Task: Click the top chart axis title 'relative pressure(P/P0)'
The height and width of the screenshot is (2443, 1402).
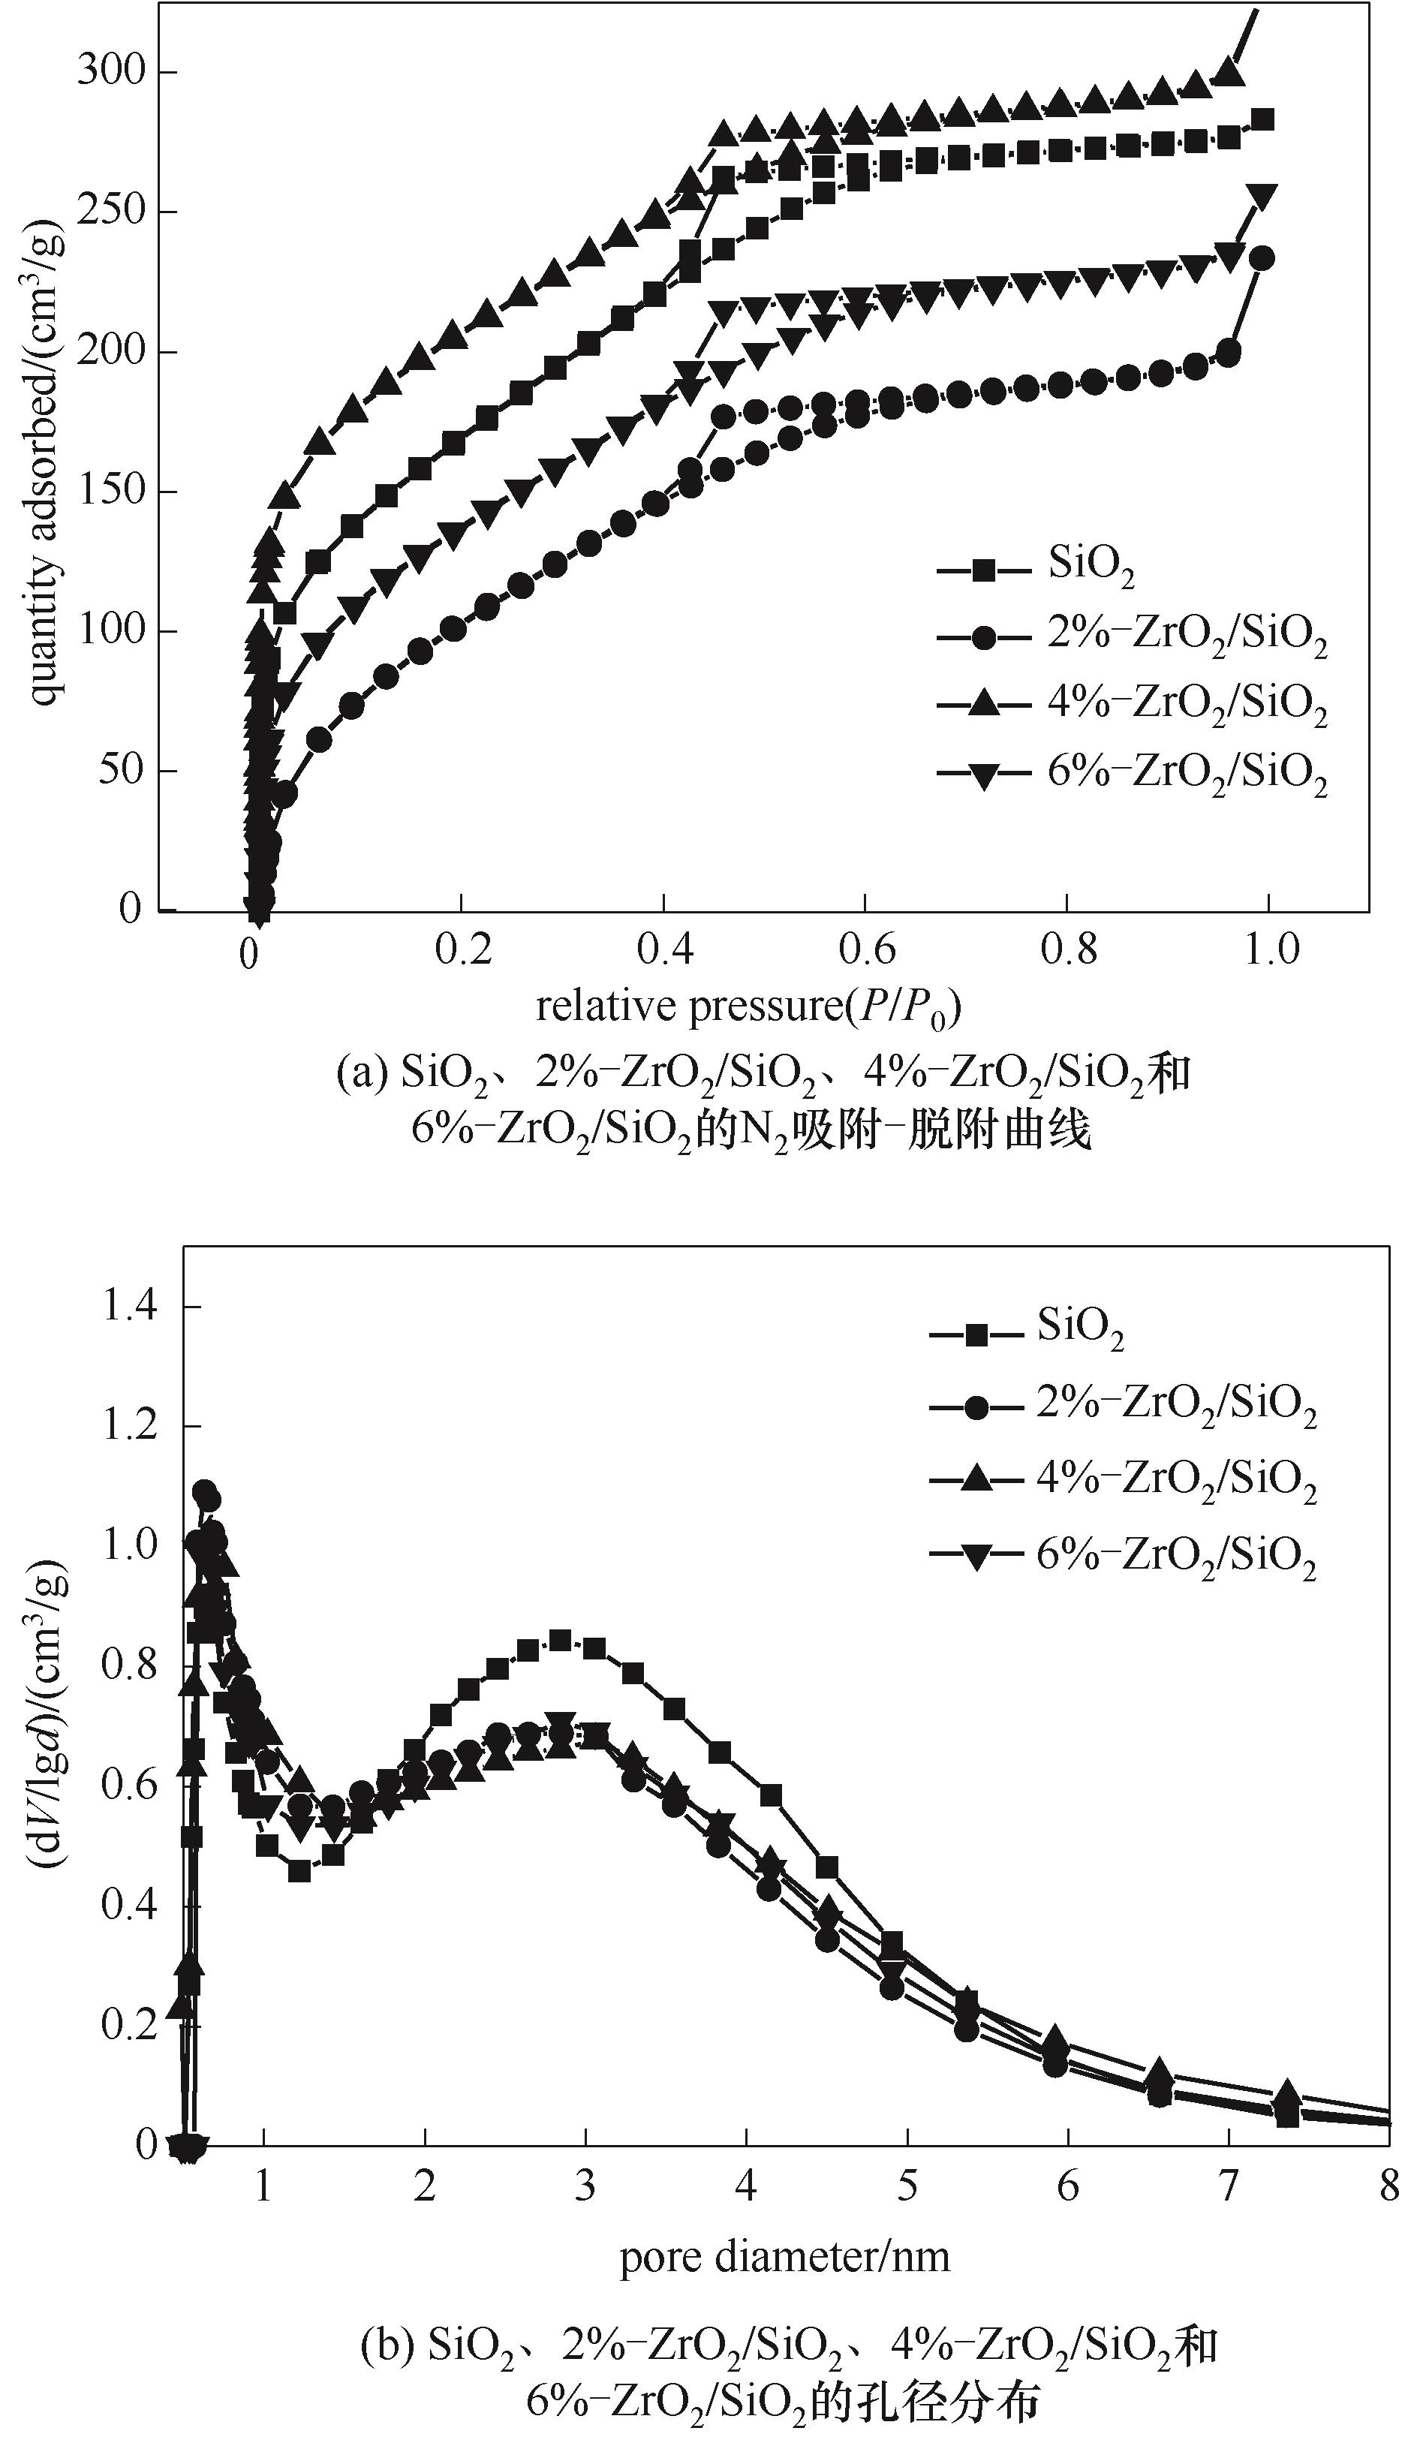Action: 750,1006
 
